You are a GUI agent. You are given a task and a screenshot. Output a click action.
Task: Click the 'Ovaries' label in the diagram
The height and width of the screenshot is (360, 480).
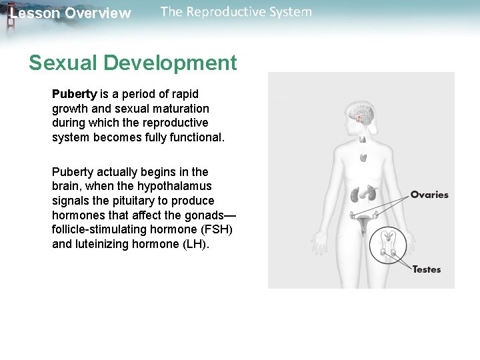coord(429,195)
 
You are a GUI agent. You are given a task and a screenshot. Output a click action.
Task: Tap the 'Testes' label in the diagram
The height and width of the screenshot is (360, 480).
coord(427,269)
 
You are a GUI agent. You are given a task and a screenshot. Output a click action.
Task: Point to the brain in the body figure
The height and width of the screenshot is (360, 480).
coord(364,115)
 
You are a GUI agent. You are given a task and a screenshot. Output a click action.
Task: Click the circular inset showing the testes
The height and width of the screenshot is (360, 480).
coord(389,245)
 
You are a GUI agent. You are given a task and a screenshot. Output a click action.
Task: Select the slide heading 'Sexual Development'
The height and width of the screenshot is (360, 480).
coord(133,63)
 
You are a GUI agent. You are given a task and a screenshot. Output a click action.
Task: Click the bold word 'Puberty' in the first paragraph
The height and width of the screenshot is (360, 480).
coord(75,94)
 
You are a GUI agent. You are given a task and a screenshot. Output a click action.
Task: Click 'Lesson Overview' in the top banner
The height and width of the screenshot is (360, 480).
coord(71,13)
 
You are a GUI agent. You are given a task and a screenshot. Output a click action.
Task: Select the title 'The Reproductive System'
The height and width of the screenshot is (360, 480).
coord(236,12)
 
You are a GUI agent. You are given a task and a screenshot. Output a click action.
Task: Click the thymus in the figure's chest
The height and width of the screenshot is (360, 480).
coord(363,159)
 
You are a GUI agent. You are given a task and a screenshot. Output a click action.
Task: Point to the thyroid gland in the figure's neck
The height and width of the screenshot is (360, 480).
coord(363,139)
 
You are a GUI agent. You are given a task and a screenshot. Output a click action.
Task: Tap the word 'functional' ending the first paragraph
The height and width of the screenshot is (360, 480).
coord(195,137)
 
